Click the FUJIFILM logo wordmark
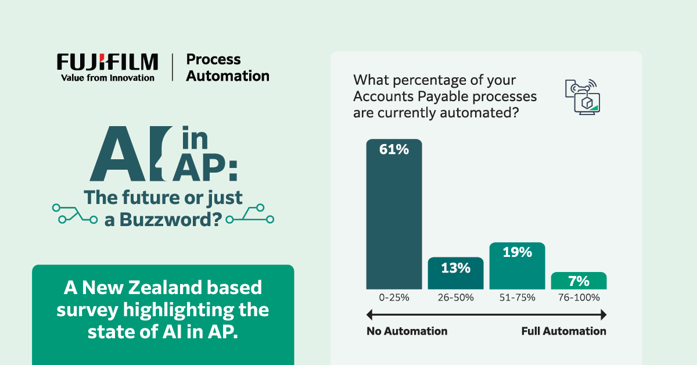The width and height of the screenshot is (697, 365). click(x=107, y=62)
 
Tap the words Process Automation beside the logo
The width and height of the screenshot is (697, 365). click(x=228, y=67)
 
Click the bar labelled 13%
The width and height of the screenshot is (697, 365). click(x=455, y=274)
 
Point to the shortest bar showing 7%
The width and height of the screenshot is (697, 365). click(x=579, y=281)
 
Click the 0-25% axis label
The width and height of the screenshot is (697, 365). click(x=394, y=298)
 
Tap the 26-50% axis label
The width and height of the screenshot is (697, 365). click(x=455, y=298)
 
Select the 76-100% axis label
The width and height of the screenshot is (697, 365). click(x=579, y=298)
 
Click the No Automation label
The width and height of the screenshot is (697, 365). click(x=407, y=331)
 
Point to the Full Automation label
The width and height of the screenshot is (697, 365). click(x=563, y=331)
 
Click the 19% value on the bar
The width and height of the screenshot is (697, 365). click(x=517, y=252)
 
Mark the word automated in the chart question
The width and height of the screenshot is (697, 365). click(x=475, y=112)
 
